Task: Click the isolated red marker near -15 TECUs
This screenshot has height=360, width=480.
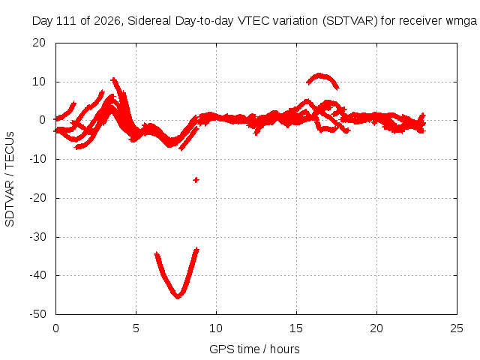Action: (x=196, y=180)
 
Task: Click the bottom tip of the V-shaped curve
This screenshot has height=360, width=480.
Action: (x=178, y=297)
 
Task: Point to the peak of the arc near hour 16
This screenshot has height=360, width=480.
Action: (x=319, y=75)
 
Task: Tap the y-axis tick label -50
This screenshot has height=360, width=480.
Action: (x=37, y=314)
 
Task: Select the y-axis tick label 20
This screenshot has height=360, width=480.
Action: (x=39, y=43)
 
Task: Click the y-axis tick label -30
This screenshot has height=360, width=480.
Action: (x=37, y=237)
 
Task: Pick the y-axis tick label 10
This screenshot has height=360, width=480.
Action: (x=39, y=82)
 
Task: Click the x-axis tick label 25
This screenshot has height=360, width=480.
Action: (x=457, y=328)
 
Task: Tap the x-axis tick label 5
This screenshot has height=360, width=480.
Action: (x=136, y=328)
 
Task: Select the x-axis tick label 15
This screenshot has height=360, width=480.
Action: (x=296, y=328)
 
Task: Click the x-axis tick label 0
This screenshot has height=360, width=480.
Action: (x=55, y=328)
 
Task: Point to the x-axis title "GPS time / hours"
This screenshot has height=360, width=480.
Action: (x=254, y=349)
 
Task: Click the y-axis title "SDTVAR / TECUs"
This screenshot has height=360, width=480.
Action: (x=10, y=179)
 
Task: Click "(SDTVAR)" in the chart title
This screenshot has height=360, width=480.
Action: (x=350, y=21)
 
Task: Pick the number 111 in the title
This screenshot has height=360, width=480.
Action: (x=67, y=21)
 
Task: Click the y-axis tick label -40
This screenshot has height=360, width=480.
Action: (x=37, y=275)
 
